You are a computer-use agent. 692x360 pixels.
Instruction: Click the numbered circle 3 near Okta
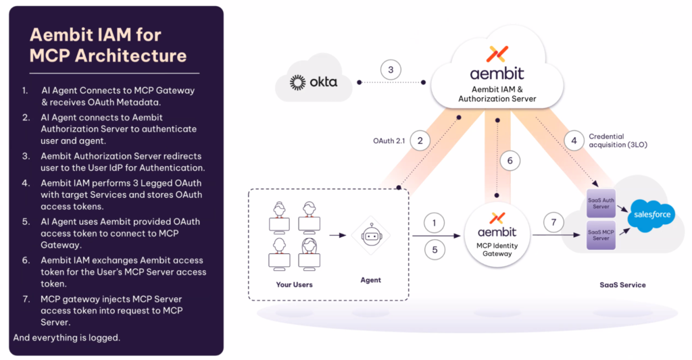pyautogui.click(x=391, y=70)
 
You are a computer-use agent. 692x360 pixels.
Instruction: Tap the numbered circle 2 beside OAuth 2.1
pyautogui.click(x=420, y=140)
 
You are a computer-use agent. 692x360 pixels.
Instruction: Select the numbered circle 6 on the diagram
pyautogui.click(x=510, y=161)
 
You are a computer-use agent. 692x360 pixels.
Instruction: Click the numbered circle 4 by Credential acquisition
pyautogui.click(x=574, y=140)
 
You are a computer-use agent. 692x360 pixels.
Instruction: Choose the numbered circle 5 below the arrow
pyautogui.click(x=435, y=250)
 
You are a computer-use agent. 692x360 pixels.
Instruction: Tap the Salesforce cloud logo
pyautogui.click(x=652, y=214)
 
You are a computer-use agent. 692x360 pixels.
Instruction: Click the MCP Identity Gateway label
pyautogui.click(x=497, y=249)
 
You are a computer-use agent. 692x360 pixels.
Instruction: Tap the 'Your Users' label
pyautogui.click(x=294, y=284)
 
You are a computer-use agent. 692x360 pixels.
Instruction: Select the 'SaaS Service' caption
pyautogui.click(x=622, y=284)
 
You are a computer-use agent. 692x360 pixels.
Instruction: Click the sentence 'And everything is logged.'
pyautogui.click(x=67, y=337)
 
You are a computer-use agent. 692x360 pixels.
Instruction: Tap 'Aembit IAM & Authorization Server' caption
pyautogui.click(x=497, y=94)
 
